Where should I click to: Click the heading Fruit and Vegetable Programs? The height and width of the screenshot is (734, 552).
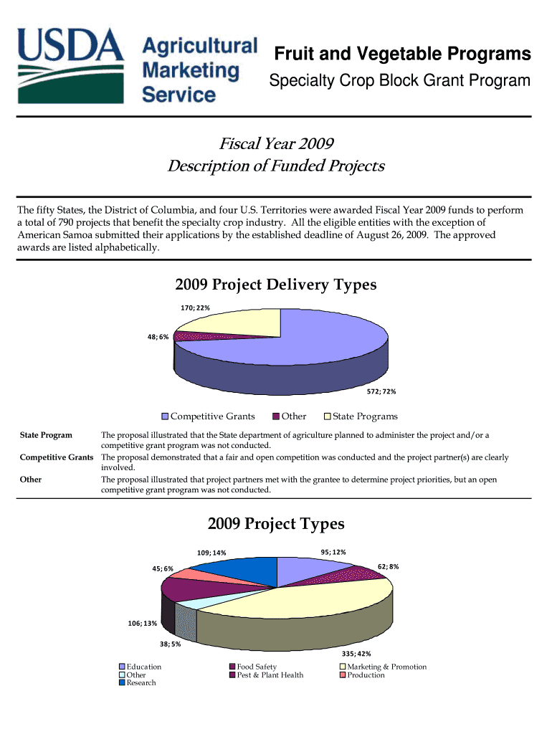tap(403, 54)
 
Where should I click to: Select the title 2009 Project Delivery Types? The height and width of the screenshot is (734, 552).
tap(275, 285)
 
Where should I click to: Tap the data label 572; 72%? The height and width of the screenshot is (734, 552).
tap(381, 392)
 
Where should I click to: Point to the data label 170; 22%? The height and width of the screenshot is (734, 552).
tap(195, 308)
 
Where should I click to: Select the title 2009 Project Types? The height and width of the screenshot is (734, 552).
tap(275, 524)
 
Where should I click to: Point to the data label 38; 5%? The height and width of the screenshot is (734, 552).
tap(170, 644)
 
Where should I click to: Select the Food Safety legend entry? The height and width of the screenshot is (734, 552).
tap(257, 667)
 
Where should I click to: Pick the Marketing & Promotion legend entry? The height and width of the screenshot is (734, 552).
tap(386, 667)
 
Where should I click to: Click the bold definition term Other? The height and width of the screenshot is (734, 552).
tap(31, 480)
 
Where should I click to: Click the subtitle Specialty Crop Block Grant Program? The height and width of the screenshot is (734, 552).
tap(399, 82)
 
